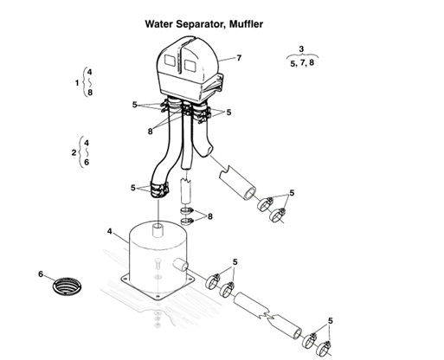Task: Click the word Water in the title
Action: (161, 25)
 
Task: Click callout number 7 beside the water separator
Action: (239, 58)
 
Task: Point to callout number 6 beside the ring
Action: (40, 274)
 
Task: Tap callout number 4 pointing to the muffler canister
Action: (109, 231)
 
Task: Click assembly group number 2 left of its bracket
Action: (74, 152)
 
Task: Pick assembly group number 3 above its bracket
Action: (300, 48)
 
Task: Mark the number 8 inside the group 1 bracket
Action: (89, 93)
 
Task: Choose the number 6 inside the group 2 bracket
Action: (87, 163)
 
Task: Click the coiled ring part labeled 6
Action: (67, 286)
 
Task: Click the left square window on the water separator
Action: (171, 65)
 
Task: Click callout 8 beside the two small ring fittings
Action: (209, 215)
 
